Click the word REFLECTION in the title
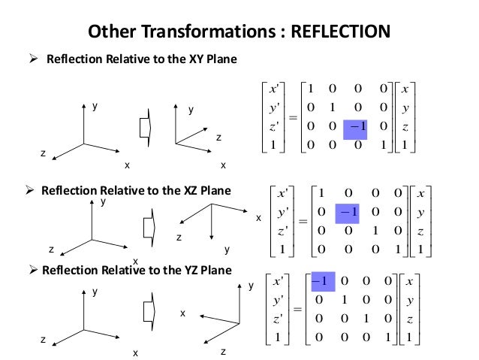point(341,32)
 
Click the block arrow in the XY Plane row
point(146,129)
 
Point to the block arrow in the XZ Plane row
point(148,225)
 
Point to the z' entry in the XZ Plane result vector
point(285,231)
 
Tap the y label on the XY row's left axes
point(95,107)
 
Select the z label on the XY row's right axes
point(219,138)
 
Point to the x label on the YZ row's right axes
point(182,313)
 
